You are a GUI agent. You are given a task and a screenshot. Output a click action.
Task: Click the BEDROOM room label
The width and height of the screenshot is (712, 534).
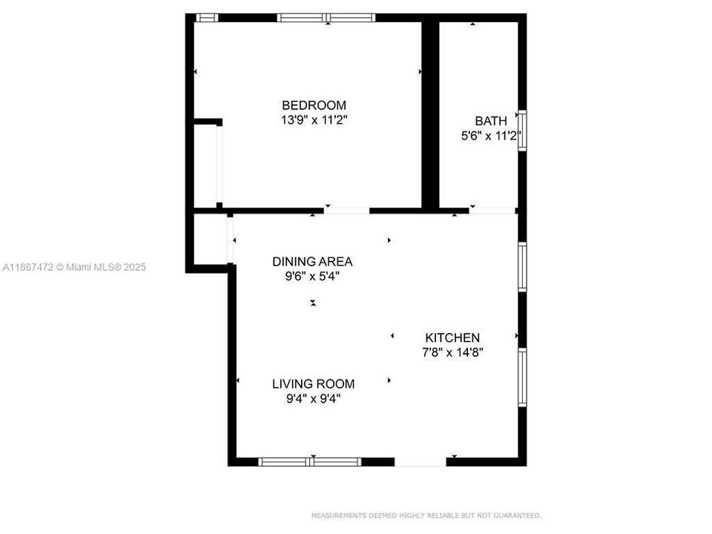click(314, 105)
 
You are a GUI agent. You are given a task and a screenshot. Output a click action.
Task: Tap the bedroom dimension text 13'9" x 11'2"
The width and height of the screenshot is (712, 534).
click(314, 119)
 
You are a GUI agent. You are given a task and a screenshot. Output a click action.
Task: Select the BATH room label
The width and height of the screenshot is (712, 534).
click(491, 121)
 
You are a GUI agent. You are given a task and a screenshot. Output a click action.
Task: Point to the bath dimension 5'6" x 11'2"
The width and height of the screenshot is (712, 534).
click(491, 136)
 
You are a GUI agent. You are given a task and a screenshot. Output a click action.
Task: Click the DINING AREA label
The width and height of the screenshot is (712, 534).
click(312, 261)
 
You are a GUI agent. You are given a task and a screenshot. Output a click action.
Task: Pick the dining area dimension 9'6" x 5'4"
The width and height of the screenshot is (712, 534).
click(312, 276)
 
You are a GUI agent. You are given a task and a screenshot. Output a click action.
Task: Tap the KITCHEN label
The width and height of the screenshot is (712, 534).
click(452, 337)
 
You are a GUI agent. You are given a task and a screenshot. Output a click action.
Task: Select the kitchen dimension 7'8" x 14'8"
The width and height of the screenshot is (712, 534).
click(452, 352)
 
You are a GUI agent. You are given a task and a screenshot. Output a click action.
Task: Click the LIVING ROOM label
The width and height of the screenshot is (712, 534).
click(313, 383)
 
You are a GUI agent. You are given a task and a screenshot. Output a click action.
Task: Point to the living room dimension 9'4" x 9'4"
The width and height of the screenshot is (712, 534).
click(313, 398)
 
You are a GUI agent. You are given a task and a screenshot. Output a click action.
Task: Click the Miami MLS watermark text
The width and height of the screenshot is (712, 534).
click(75, 266)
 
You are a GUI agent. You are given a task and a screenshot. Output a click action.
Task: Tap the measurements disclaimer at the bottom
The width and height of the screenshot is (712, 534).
click(426, 515)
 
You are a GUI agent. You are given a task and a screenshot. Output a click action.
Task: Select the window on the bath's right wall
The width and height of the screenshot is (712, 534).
click(522, 131)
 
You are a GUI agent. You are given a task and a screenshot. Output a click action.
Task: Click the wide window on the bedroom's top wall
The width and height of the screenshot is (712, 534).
click(326, 18)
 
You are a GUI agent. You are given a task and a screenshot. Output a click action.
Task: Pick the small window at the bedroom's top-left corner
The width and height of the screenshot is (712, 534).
click(207, 18)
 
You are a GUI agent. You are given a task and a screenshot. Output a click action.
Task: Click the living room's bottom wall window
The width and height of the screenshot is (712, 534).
click(310, 461)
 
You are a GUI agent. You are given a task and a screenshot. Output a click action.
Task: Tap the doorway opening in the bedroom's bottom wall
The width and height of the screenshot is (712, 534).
click(346, 211)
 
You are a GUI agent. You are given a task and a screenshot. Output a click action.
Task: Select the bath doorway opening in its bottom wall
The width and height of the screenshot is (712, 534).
click(492, 211)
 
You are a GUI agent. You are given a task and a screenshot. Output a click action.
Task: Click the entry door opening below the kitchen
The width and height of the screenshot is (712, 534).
click(420, 461)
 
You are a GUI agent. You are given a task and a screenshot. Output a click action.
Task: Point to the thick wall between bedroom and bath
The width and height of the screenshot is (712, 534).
click(430, 115)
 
